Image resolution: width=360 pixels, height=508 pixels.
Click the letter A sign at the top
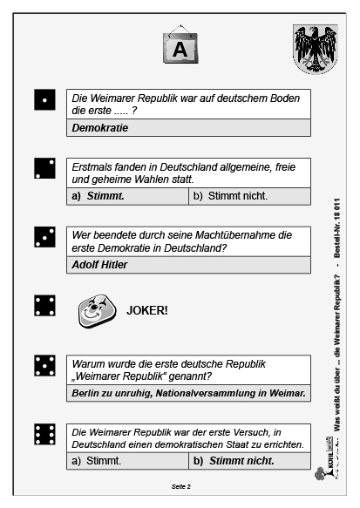click(180, 49)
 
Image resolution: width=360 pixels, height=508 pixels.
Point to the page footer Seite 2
click(180, 486)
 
